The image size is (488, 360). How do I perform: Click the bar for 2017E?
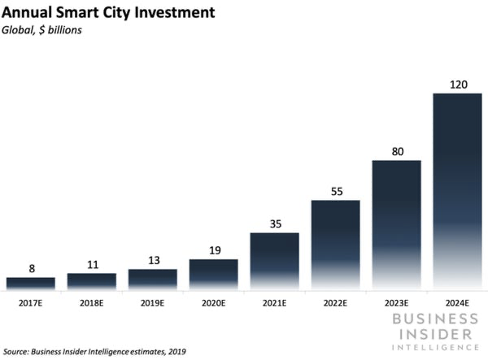point(30,283)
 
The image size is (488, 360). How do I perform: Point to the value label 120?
point(457,84)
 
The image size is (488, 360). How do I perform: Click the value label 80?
point(396,150)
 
